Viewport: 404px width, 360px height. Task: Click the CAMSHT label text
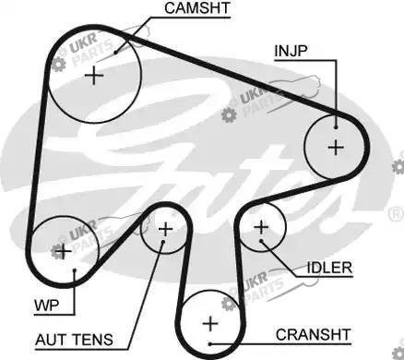click(x=197, y=8)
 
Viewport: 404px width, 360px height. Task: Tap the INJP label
click(x=291, y=51)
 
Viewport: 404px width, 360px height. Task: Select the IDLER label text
click(x=329, y=268)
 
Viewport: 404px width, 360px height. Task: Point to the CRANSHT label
click(x=313, y=335)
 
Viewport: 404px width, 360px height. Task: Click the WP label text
click(x=46, y=306)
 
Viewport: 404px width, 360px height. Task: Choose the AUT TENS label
click(x=74, y=340)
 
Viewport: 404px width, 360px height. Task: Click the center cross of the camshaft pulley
click(x=94, y=76)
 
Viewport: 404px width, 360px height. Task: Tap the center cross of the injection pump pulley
click(x=336, y=148)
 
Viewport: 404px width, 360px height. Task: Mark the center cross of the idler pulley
click(x=261, y=228)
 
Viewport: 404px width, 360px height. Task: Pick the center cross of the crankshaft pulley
click(x=210, y=324)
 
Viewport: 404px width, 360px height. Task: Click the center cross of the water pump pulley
click(x=64, y=251)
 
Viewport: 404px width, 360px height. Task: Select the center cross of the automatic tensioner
click(x=166, y=229)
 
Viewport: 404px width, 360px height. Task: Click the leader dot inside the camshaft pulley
click(x=115, y=53)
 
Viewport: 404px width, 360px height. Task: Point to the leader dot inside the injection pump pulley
click(x=336, y=127)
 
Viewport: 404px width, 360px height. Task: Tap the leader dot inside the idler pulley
click(x=261, y=241)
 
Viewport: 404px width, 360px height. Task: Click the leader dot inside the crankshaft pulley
click(x=210, y=344)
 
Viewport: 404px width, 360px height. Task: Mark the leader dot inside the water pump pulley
click(x=75, y=270)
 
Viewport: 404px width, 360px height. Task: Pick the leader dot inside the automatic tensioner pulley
click(x=163, y=242)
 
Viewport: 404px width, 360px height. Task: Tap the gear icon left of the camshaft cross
click(x=58, y=65)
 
